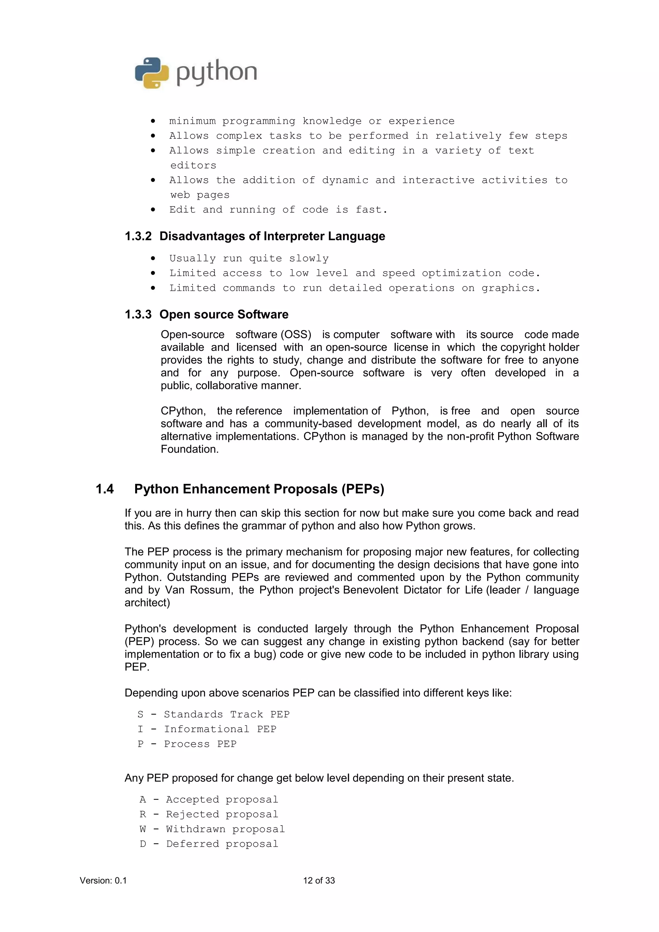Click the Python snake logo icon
click(152, 73)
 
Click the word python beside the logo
click(217, 73)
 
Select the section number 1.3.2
click(138, 236)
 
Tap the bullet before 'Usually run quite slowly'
click(153, 259)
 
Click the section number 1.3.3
click(138, 315)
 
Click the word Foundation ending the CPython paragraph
click(189, 449)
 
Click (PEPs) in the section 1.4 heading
click(363, 489)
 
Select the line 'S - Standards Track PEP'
click(213, 715)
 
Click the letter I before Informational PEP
click(141, 729)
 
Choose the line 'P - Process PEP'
click(187, 744)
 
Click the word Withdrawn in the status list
click(195, 829)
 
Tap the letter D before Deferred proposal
click(143, 844)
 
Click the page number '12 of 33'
click(319, 881)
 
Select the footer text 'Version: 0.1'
click(103, 881)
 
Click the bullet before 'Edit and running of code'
click(153, 210)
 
